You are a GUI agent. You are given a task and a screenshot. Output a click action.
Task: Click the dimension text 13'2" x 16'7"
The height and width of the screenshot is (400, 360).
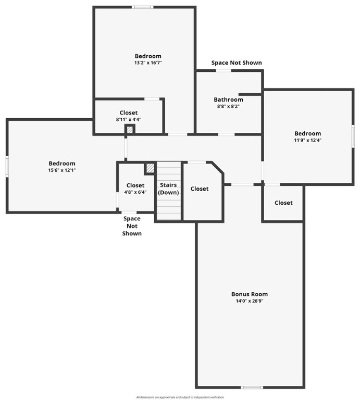(x=148, y=63)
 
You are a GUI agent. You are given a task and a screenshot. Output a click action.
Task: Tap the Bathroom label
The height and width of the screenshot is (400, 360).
(x=228, y=99)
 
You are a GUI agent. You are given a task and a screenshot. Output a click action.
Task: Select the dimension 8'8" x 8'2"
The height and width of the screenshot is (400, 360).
(x=228, y=106)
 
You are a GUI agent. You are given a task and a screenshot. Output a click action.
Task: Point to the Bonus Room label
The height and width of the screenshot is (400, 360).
(x=250, y=294)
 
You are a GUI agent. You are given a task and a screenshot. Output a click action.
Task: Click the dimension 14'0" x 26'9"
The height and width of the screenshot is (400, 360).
(x=250, y=301)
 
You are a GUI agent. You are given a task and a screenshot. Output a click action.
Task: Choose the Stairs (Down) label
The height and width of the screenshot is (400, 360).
(x=168, y=189)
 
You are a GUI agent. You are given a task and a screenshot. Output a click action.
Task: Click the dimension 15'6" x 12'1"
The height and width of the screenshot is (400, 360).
(x=62, y=170)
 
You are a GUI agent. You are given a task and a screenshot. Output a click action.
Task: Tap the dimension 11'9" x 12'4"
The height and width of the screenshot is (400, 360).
(x=307, y=140)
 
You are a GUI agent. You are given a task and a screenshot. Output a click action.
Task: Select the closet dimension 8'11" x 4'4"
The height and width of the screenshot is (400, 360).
(x=129, y=119)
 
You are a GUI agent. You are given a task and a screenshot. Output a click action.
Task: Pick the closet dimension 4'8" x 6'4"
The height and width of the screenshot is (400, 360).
(x=135, y=192)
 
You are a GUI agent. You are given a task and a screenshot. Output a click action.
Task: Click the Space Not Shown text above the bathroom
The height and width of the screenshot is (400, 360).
(x=237, y=63)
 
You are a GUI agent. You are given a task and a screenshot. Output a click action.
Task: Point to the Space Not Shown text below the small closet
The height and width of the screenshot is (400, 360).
(x=132, y=226)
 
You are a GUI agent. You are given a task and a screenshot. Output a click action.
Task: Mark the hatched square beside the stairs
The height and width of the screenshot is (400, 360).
(x=150, y=168)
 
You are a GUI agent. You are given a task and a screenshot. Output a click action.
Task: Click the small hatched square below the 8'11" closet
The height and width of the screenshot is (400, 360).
(x=130, y=129)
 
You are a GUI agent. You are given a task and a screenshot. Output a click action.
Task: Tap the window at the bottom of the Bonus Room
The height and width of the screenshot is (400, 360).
(x=252, y=387)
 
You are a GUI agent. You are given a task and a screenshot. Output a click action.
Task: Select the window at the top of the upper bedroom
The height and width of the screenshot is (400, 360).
(x=142, y=7)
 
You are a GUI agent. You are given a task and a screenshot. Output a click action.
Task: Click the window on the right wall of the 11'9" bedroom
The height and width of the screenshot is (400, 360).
(x=353, y=135)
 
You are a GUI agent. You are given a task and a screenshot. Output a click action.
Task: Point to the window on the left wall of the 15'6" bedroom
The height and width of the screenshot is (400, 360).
(x=7, y=166)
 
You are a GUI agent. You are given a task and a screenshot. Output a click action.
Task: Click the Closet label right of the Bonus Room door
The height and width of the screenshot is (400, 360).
(x=283, y=203)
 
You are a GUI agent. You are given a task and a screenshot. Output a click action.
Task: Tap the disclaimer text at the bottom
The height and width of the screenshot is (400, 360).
(x=180, y=397)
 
